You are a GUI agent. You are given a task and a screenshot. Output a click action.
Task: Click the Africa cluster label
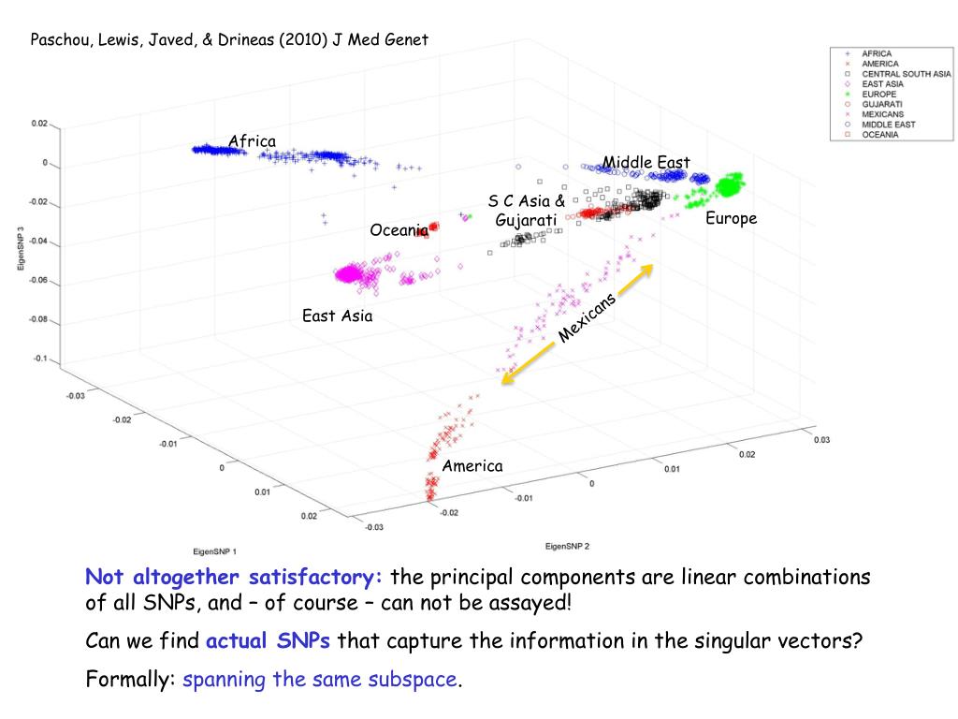pyautogui.click(x=252, y=141)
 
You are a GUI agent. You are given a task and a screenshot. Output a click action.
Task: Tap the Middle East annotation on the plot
pyautogui.click(x=646, y=163)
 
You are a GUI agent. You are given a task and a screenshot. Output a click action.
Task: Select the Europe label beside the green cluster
pyautogui.click(x=731, y=218)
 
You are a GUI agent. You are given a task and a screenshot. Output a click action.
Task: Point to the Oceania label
pyautogui.click(x=399, y=229)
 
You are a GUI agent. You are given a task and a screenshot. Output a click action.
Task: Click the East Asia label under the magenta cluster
pyautogui.click(x=337, y=315)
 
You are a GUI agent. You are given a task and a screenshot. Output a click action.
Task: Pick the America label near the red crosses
pyautogui.click(x=472, y=465)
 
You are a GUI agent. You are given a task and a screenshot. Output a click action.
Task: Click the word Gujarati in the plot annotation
pyautogui.click(x=526, y=220)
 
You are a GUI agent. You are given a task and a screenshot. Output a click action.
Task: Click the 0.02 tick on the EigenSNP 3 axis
pyautogui.click(x=38, y=123)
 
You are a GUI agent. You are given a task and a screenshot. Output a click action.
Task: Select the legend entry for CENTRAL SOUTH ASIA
pyautogui.click(x=906, y=74)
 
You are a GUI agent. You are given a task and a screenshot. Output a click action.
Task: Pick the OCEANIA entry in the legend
pyautogui.click(x=879, y=135)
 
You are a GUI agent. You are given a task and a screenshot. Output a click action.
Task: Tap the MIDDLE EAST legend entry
pyautogui.click(x=888, y=125)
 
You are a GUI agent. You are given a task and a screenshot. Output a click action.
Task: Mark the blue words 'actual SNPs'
pyautogui.click(x=269, y=641)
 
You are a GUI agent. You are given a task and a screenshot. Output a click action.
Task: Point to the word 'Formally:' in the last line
pyautogui.click(x=131, y=679)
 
